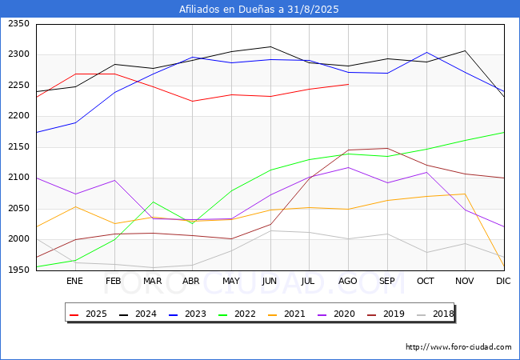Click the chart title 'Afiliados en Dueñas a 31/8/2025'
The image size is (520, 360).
pyautogui.click(x=259, y=10)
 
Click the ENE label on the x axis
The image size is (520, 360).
pyautogui.click(x=74, y=282)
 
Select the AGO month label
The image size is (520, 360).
pyautogui.click(x=348, y=282)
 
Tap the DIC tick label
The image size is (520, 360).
pyautogui.click(x=503, y=282)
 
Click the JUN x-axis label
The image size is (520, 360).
pyautogui.click(x=270, y=282)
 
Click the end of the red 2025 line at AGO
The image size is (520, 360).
pyautogui.click(x=348, y=84)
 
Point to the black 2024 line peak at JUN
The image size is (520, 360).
pyautogui.click(x=270, y=46)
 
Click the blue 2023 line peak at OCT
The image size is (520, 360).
pyautogui.click(x=426, y=53)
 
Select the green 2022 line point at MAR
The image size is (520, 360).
pyautogui.click(x=153, y=202)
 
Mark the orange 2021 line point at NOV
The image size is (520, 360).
pyautogui.click(x=465, y=194)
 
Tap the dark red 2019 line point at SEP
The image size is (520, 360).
pyautogui.click(x=387, y=148)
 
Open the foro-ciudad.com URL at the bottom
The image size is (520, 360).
pyautogui.click(x=458, y=347)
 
